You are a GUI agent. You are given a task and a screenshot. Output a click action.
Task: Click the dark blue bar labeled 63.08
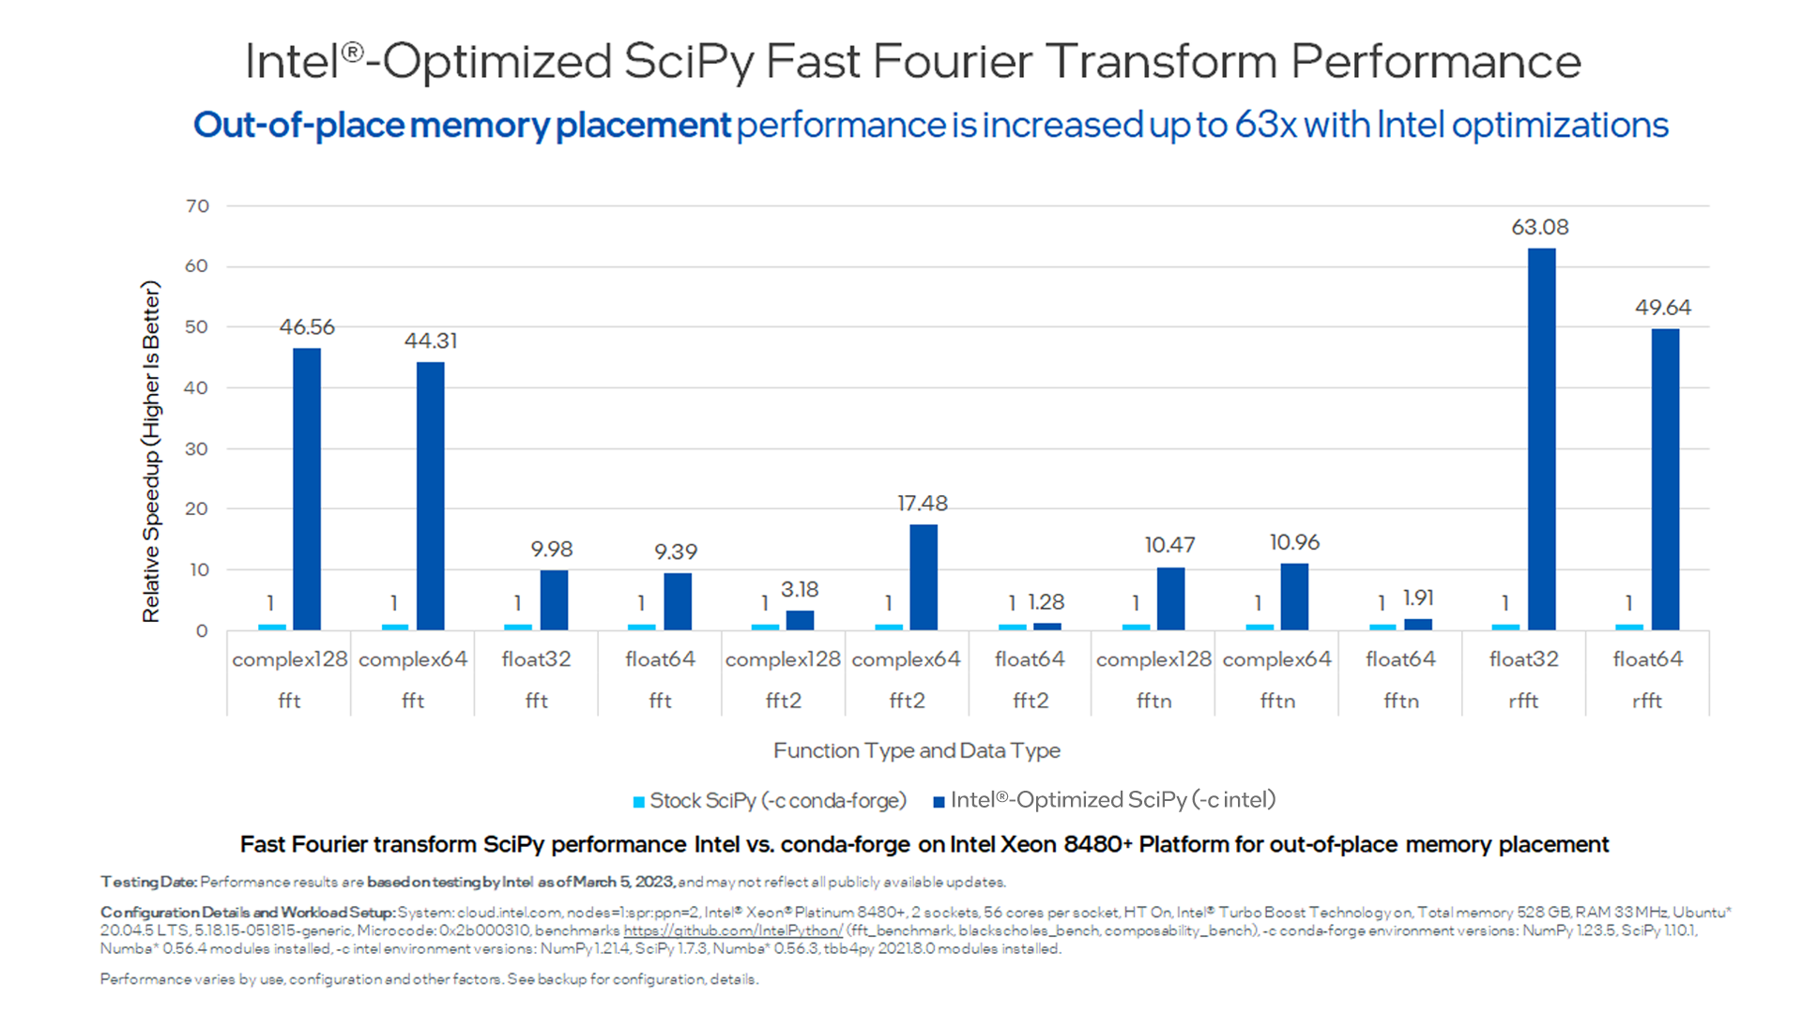coord(1541,439)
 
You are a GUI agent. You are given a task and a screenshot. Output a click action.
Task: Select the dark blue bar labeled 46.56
coord(307,489)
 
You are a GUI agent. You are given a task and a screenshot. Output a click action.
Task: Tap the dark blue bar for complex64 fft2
coord(924,577)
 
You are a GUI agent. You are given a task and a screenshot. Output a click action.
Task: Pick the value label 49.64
coord(1662,308)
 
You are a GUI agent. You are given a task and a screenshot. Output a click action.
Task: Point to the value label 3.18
coord(800,590)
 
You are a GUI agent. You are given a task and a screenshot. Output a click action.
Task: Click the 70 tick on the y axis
coord(197,206)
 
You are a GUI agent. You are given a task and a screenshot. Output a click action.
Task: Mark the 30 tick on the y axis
coord(196,449)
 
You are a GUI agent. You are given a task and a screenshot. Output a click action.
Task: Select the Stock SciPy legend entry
coord(770,801)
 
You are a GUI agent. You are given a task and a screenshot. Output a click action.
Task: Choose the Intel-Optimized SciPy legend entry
coord(1105,800)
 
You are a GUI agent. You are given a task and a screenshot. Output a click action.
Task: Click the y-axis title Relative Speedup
coord(151,452)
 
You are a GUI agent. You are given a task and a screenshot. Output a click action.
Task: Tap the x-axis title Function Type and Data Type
coord(916,750)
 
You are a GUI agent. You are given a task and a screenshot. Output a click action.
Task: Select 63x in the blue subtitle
coord(1265,125)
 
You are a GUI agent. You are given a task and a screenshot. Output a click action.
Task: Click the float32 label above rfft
coord(1523,659)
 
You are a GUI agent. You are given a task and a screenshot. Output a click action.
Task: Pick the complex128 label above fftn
coord(1153,659)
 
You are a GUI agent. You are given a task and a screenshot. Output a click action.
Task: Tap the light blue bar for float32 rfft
coord(1505,627)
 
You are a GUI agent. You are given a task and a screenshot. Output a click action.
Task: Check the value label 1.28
coord(1046,602)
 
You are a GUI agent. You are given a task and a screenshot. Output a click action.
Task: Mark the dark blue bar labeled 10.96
coord(1294,597)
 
